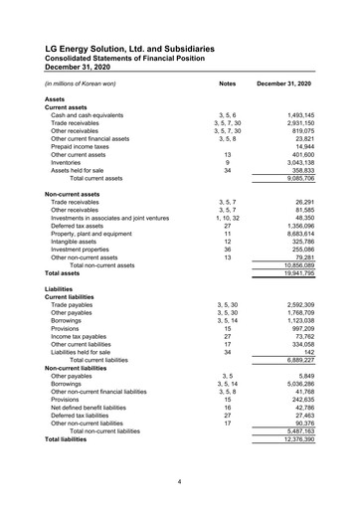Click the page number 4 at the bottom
click(179, 482)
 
